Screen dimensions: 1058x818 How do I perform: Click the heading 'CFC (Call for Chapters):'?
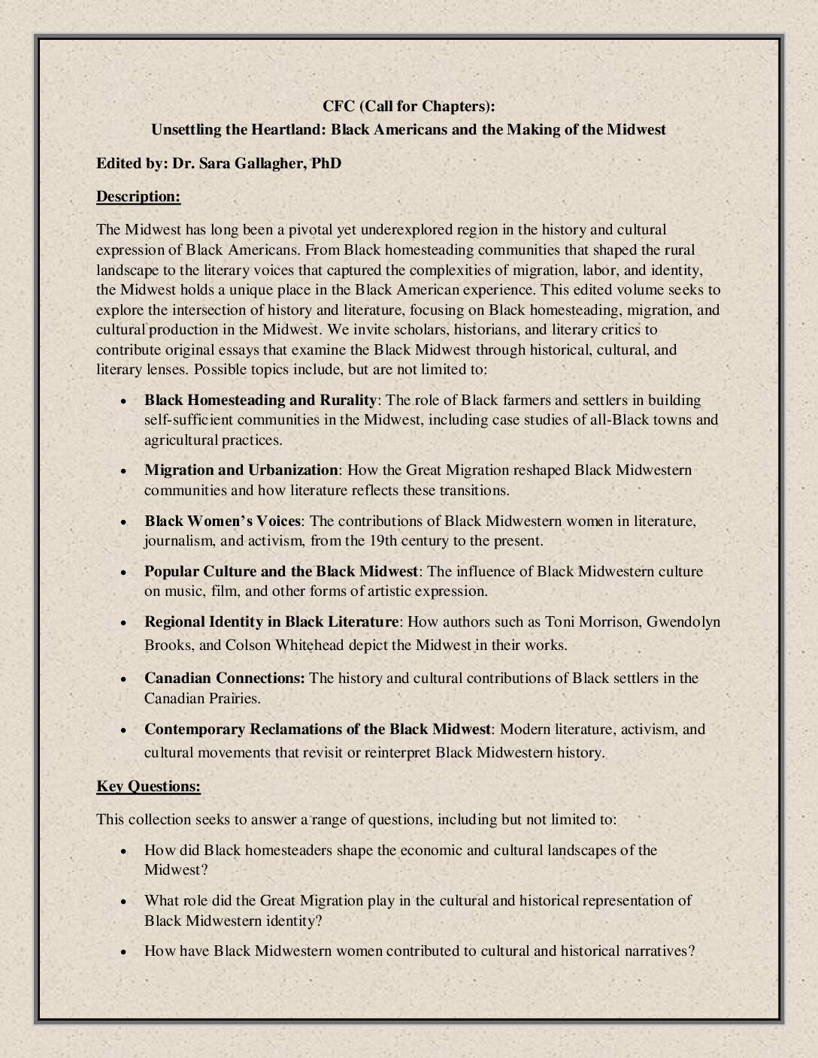tap(408, 106)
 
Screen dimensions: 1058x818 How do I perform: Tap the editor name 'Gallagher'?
tap(272, 163)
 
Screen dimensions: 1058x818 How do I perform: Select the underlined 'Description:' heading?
tap(138, 197)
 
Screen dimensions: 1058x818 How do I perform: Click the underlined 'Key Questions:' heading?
tap(148, 787)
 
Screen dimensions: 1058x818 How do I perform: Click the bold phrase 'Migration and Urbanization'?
tap(241, 470)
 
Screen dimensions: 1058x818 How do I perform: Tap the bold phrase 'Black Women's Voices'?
tap(223, 521)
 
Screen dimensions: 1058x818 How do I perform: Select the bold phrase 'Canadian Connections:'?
tap(224, 679)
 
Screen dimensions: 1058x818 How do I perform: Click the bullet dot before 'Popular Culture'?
tap(123, 573)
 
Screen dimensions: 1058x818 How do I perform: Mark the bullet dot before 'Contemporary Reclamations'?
tap(123, 730)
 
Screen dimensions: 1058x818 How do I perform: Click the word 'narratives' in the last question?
tap(655, 951)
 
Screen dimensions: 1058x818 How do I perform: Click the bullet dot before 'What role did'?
tap(123, 902)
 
